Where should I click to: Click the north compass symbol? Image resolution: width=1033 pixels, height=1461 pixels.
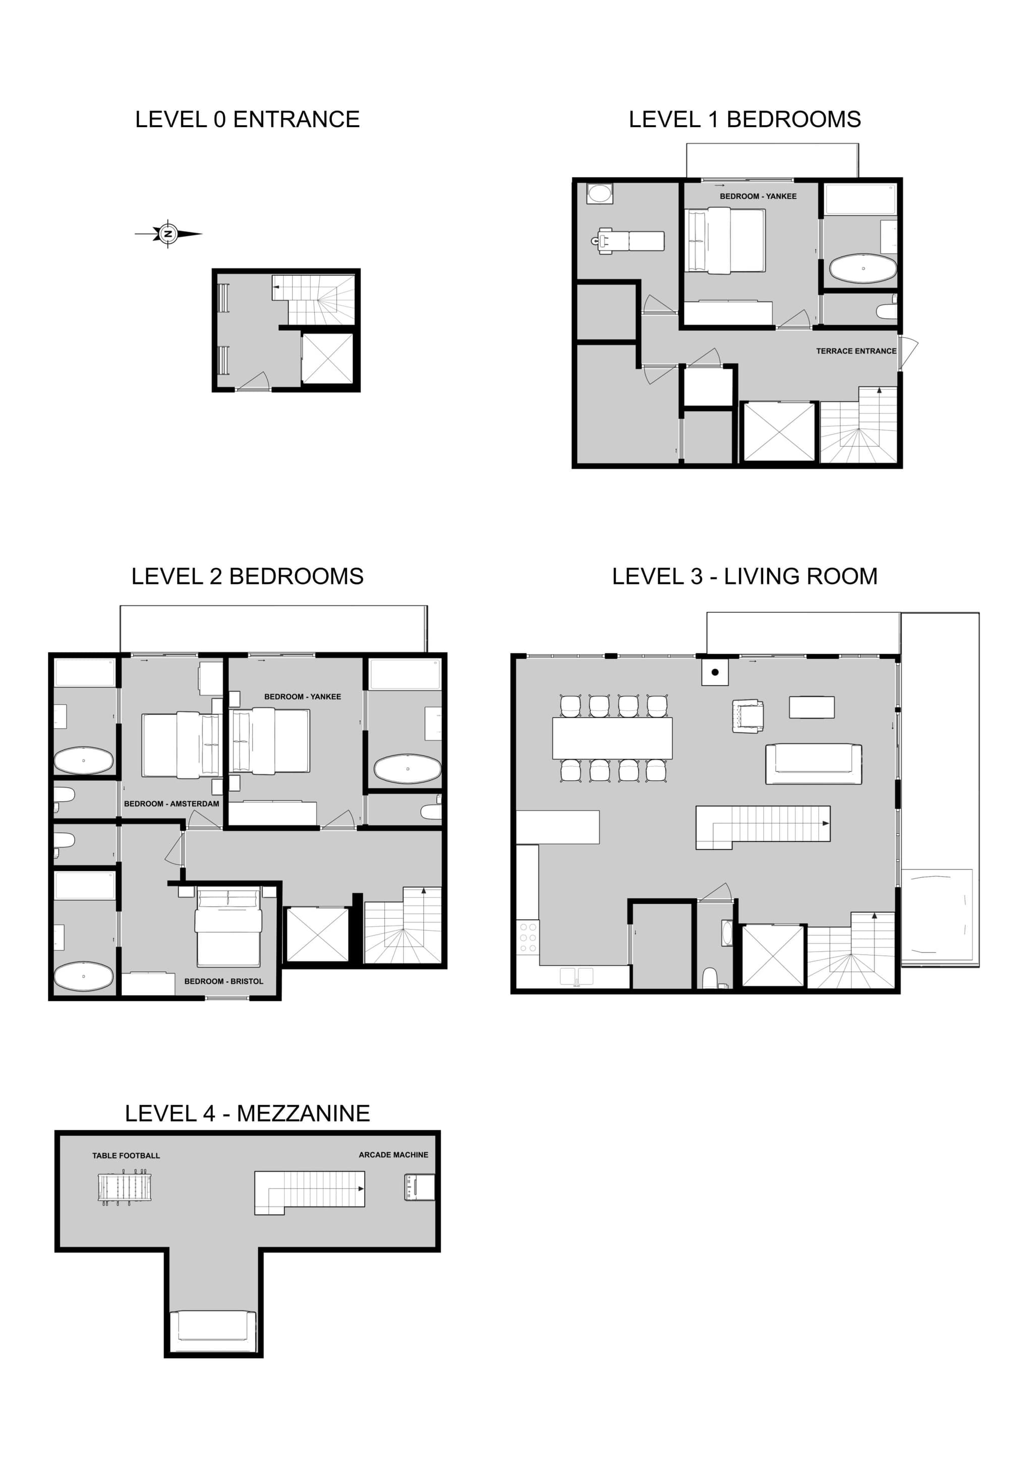pos(168,234)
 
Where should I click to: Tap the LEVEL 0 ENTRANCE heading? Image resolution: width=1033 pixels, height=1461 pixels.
pos(248,120)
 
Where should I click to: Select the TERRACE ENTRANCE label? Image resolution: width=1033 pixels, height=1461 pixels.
pos(856,350)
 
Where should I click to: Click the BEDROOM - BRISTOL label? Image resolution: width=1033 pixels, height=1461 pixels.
pos(223,981)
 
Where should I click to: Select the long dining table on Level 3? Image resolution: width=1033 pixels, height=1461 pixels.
pos(612,738)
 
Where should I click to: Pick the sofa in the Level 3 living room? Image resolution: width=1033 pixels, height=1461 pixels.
pos(814,764)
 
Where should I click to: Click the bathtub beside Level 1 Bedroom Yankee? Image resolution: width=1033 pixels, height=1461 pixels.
pos(863,268)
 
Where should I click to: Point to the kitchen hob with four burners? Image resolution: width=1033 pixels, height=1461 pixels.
pos(528,938)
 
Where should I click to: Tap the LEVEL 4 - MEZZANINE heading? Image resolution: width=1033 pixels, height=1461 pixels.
pos(248,1114)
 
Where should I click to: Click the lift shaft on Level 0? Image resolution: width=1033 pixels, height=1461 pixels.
pos(327,358)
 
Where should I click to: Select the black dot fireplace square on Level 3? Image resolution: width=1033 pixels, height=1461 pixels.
pos(715,672)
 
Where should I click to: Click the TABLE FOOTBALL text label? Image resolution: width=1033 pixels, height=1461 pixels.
pos(126,1155)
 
